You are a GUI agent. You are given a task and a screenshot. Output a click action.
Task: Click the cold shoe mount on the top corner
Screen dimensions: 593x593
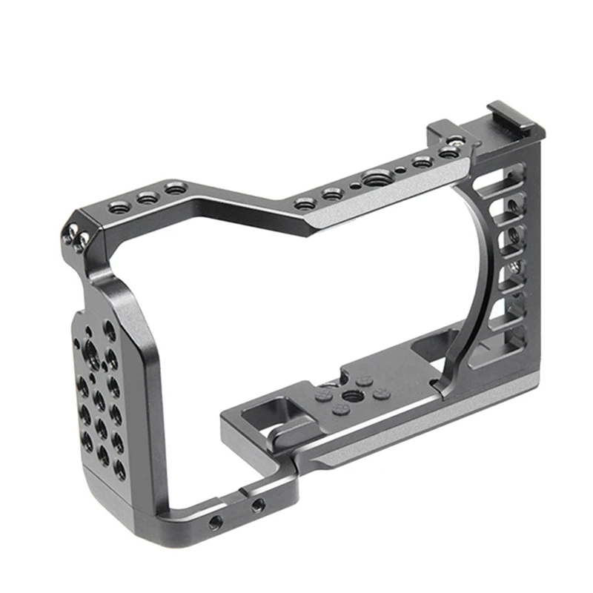coord(519,131)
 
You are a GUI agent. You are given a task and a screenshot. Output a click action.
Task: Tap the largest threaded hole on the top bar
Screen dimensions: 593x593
coord(372,179)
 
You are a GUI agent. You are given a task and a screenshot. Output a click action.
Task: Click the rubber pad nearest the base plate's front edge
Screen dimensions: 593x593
coord(342,409)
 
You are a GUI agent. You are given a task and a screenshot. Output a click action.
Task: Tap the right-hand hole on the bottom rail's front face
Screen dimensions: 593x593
coord(257,506)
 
